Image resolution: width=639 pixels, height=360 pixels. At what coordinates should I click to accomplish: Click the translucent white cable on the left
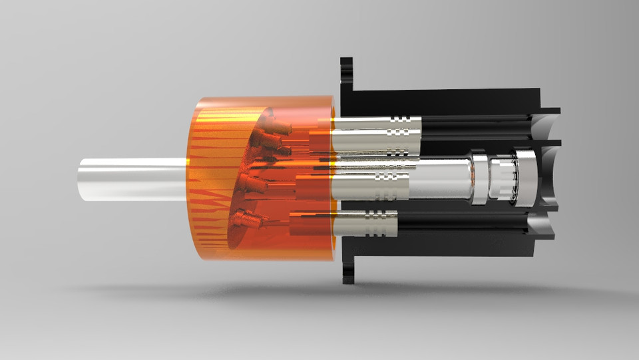pos(133,180)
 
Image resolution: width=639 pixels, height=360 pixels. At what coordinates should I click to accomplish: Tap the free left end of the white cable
pos(81,180)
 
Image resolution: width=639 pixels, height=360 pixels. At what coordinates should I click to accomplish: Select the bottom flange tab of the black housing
pos(347,273)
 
